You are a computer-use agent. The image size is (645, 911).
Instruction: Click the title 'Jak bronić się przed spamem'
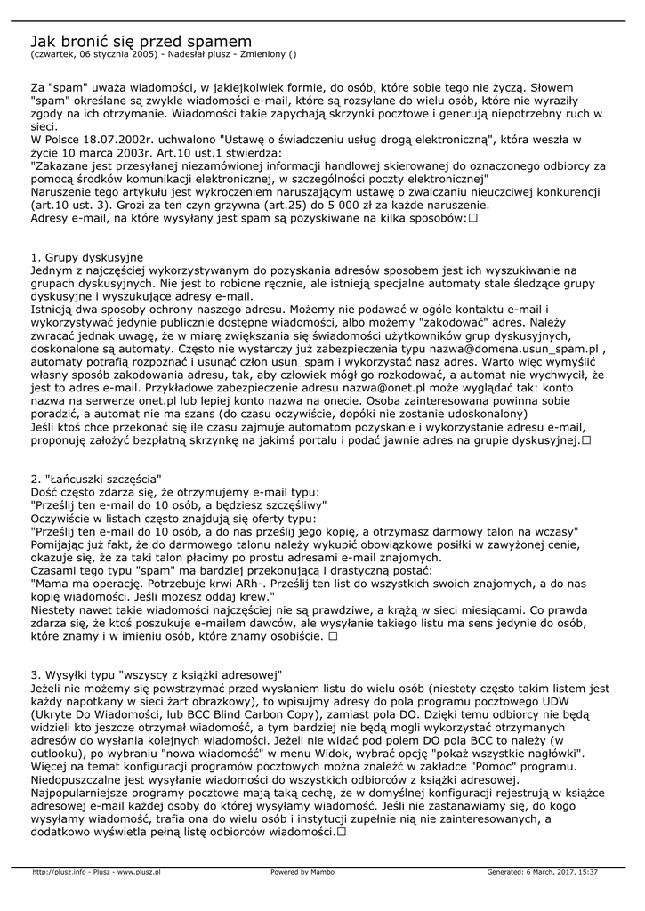click(141, 41)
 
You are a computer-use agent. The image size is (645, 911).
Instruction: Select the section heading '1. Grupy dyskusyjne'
click(87, 257)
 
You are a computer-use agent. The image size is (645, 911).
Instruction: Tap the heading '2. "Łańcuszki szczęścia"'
click(96, 479)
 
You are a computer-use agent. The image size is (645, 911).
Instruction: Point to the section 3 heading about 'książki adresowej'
click(157, 674)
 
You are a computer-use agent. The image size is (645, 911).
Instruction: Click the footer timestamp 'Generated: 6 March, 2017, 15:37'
click(543, 872)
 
